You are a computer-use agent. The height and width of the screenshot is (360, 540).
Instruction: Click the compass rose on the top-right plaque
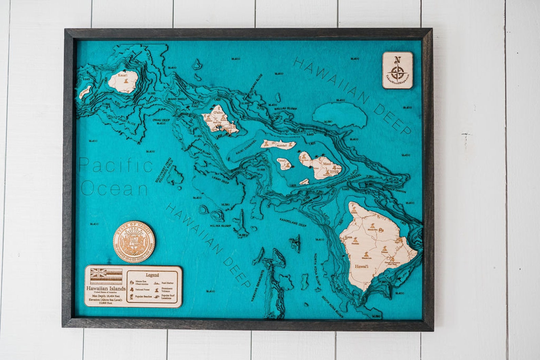click(396, 72)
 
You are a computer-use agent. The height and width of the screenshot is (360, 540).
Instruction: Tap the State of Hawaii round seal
click(134, 241)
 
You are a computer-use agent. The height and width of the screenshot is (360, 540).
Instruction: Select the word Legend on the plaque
click(153, 275)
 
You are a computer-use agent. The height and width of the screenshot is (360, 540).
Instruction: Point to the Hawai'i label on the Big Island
click(361, 267)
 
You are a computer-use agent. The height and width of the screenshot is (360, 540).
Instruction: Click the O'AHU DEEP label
click(161, 120)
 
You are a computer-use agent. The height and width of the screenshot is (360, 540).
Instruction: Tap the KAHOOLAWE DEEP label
click(293, 223)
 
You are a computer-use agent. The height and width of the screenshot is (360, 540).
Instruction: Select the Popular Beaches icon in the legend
click(131, 297)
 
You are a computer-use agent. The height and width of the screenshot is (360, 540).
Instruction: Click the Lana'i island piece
click(283, 164)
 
